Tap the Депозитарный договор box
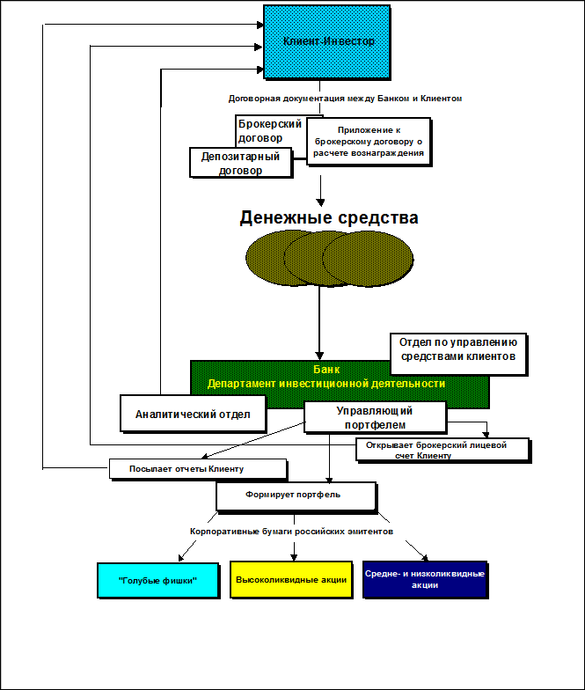coord(240,163)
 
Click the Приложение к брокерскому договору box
coord(368,141)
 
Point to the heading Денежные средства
coord(329,217)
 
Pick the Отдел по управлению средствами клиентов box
coord(457,351)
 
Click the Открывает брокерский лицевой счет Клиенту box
coord(442,450)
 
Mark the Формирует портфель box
coord(296,495)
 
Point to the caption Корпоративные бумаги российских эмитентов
coord(291,532)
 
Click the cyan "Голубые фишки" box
coord(157,581)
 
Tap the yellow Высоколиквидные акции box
coord(291,580)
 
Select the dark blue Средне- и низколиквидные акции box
coord(425,580)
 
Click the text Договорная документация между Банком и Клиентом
coord(345,99)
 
